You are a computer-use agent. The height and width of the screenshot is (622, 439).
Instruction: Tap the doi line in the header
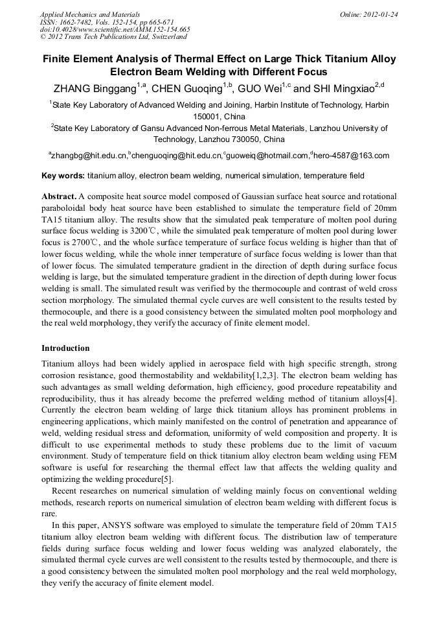[115, 29]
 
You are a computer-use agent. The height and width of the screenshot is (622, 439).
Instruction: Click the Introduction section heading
[65, 348]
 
